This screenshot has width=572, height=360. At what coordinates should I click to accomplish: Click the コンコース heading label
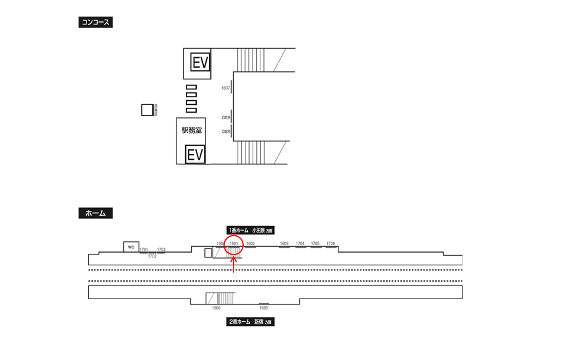tap(95, 23)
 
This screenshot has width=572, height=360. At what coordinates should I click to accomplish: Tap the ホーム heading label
tap(95, 213)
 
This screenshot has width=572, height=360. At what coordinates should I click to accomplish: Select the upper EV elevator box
tap(200, 62)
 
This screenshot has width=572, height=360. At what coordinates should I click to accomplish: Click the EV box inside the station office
tap(195, 154)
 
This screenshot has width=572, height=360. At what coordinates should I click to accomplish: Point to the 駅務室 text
tap(191, 129)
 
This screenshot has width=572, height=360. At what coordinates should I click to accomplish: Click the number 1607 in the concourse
tap(225, 88)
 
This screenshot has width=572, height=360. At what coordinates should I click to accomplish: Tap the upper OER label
tap(226, 117)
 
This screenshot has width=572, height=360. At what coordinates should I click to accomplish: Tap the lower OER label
tap(226, 131)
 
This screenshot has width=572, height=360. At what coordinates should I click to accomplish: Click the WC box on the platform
tap(131, 247)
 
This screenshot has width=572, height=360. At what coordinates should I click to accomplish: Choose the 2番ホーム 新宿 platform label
tap(251, 322)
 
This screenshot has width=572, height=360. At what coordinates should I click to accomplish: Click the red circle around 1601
tap(234, 245)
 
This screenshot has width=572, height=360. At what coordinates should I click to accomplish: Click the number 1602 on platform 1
tap(250, 244)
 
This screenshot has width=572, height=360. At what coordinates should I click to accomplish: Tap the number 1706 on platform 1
tap(331, 243)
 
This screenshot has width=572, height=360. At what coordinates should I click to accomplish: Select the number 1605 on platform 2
tap(263, 308)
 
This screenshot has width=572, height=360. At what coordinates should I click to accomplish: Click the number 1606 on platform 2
tap(216, 308)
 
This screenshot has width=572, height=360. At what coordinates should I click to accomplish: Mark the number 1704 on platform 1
tap(300, 243)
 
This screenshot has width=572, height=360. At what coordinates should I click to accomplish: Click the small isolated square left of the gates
tap(147, 110)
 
